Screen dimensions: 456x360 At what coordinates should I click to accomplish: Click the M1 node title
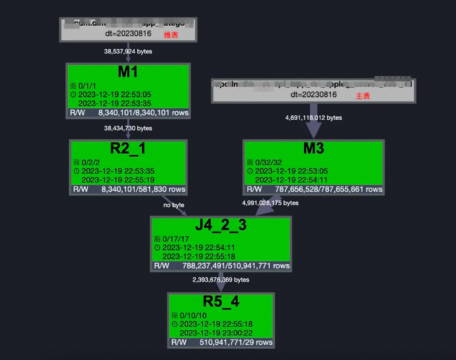point(127,72)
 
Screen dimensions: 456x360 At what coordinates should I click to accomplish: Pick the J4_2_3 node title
point(221,225)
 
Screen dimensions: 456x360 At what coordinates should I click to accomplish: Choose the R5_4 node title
point(221,302)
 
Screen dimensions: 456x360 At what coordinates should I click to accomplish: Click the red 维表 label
point(172,36)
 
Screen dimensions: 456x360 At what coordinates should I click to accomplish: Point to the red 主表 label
point(363,96)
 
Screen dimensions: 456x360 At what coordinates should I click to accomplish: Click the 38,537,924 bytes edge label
point(128,51)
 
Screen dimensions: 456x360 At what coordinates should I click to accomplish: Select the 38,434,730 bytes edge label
point(128,128)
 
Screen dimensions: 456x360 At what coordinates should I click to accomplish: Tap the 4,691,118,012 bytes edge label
point(313,118)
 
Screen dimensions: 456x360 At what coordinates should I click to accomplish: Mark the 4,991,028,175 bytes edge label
point(270,202)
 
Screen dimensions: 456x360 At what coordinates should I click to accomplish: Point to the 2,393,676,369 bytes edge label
point(221,280)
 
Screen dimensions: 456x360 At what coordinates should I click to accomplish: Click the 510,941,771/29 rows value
point(236,342)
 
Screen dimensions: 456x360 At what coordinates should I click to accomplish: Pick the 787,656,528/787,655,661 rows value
point(328,189)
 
